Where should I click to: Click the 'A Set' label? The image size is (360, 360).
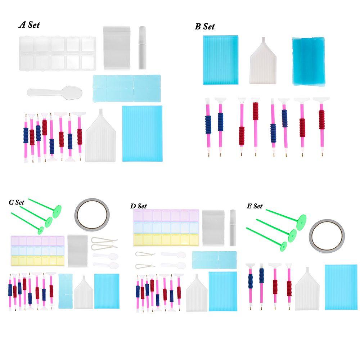(x=29, y=25)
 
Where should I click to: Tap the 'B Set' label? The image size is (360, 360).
(x=205, y=26)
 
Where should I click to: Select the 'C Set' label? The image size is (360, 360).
(x=17, y=202)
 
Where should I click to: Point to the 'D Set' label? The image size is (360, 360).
(x=139, y=206)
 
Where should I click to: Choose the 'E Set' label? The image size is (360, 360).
(x=255, y=206)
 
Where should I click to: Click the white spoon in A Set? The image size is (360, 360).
(x=54, y=92)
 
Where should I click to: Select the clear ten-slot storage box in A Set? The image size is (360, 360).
(x=57, y=53)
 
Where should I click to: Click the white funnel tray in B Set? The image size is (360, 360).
(x=263, y=61)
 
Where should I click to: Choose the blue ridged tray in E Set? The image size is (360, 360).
(x=341, y=287)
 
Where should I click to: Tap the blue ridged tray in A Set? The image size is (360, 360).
(x=142, y=133)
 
